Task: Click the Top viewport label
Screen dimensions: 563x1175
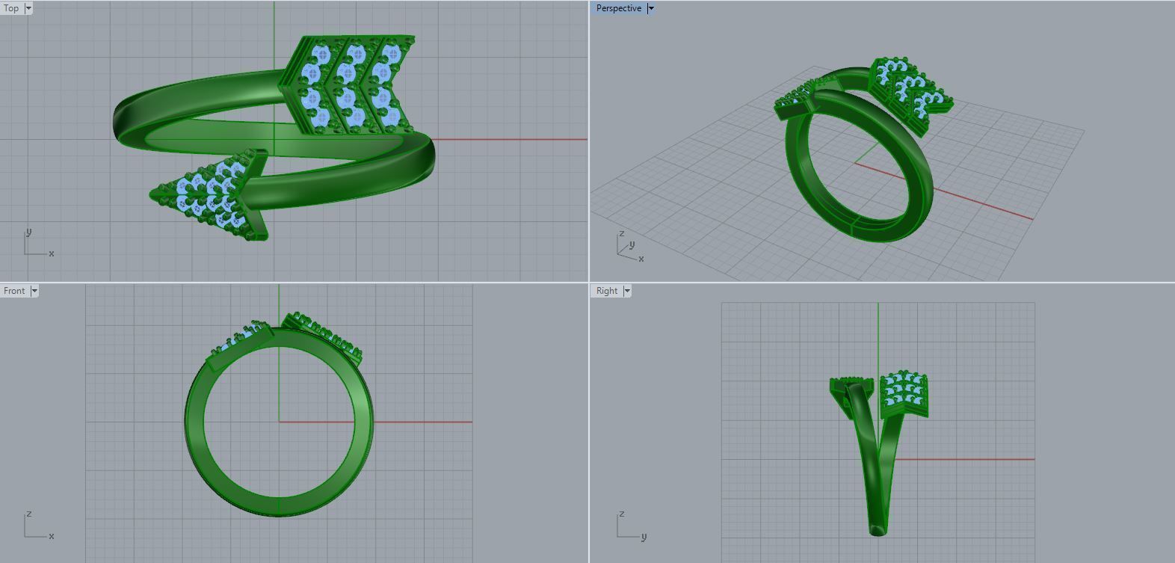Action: click(11, 8)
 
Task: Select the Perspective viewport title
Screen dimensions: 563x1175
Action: click(619, 8)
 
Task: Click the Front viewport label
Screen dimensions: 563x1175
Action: click(14, 291)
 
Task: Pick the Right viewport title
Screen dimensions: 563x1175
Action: click(607, 291)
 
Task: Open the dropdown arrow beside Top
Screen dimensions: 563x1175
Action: click(28, 8)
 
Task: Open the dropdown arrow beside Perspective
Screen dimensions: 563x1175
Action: click(651, 8)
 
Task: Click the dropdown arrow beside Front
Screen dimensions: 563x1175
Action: click(34, 291)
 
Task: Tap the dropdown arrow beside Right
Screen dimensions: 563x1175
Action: click(627, 291)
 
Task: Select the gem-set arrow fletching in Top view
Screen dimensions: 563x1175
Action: click(348, 84)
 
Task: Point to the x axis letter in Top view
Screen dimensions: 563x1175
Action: click(52, 253)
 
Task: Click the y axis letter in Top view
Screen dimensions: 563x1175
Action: click(29, 232)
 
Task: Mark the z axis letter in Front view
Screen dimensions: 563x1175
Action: click(28, 514)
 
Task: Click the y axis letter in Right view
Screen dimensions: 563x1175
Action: click(644, 536)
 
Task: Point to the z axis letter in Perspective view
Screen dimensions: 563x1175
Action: click(621, 234)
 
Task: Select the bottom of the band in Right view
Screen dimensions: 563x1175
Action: click(877, 529)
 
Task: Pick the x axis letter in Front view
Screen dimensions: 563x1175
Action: click(52, 536)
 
